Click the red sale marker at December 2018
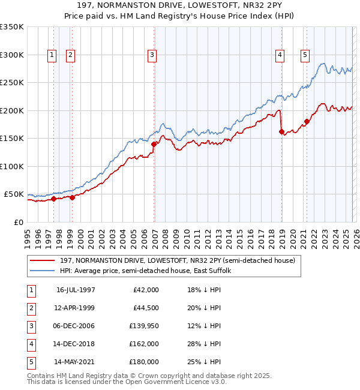pyautogui.click(x=281, y=131)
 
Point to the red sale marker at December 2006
pyautogui.click(x=154, y=144)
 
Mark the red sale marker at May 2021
pyautogui.click(x=307, y=121)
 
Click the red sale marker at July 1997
pyautogui.click(x=53, y=199)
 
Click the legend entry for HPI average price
pyautogui.click(x=149, y=271)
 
